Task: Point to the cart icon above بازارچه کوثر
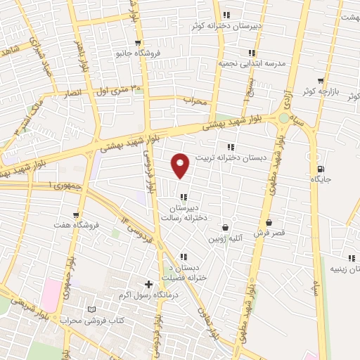click(x=321, y=81)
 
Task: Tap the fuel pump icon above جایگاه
click(x=321, y=169)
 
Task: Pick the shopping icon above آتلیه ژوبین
click(x=225, y=227)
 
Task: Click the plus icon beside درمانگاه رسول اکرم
click(x=148, y=284)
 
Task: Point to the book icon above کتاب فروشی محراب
click(x=91, y=309)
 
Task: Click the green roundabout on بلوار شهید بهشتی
click(x=283, y=118)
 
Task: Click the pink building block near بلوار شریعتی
click(x=51, y=295)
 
